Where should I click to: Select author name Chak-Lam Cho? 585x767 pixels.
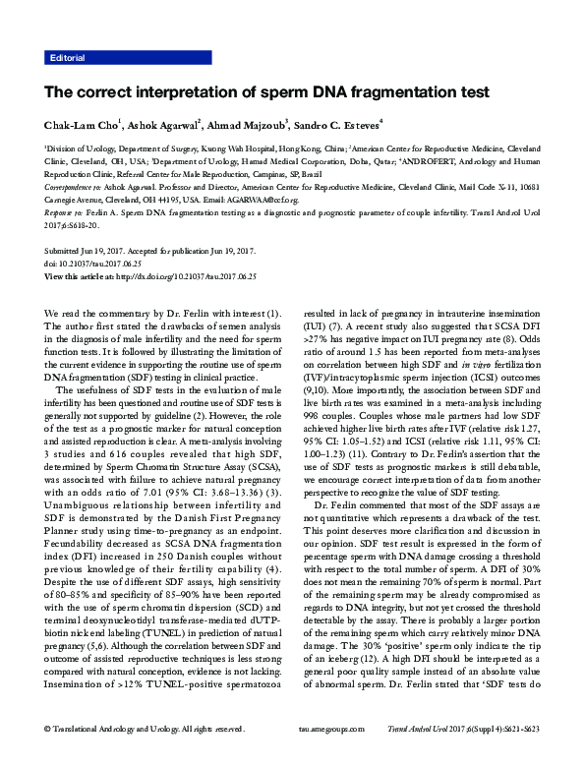[x=81, y=125]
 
